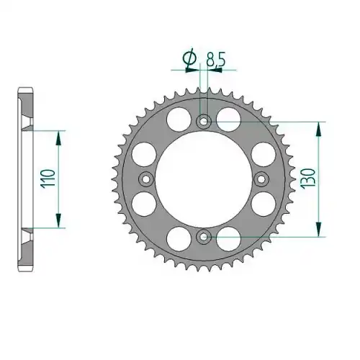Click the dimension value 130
[x=309, y=179]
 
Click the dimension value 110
[x=48, y=179]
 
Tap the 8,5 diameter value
[x=216, y=60]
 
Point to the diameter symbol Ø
[x=189, y=59]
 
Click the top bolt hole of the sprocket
[x=204, y=122]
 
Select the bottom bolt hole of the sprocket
[x=204, y=237]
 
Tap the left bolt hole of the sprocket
[x=146, y=179]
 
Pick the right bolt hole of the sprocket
[x=261, y=179]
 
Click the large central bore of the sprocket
[x=204, y=179]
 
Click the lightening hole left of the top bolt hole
[x=179, y=120]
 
